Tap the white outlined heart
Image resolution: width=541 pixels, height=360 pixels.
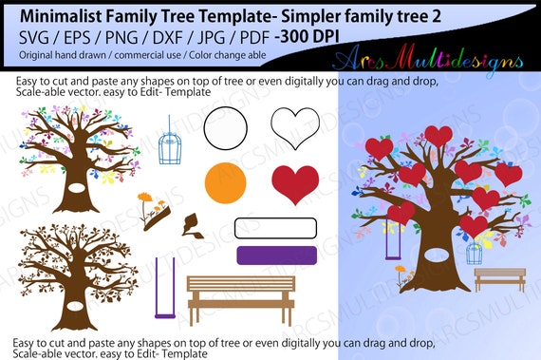pyautogui.click(x=294, y=126)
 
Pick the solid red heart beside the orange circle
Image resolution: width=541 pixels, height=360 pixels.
pyautogui.click(x=295, y=183)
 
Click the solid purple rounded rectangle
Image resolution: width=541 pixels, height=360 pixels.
pyautogui.click(x=275, y=256)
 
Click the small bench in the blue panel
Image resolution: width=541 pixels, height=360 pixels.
pyautogui.click(x=499, y=277)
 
